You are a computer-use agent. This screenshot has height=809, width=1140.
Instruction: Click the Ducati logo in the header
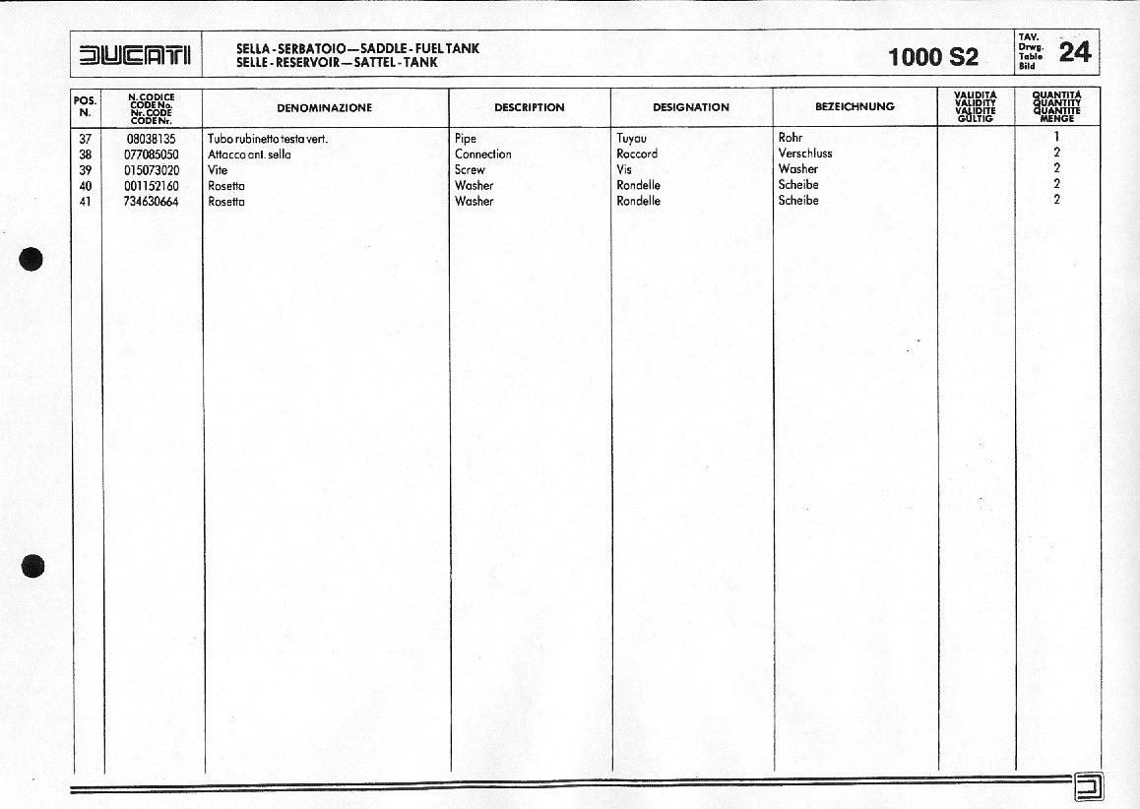tap(137, 54)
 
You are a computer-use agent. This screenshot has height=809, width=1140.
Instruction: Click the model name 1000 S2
tap(932, 57)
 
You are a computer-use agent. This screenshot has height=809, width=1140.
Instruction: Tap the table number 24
tap(1074, 52)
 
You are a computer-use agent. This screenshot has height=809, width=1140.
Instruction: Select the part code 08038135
tap(152, 139)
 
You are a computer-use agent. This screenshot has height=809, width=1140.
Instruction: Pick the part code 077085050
tap(152, 155)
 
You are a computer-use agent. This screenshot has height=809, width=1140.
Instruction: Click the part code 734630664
tap(152, 202)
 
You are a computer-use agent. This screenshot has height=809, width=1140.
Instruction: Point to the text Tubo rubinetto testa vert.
tap(267, 139)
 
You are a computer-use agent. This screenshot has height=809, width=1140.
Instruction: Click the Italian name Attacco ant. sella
tap(249, 155)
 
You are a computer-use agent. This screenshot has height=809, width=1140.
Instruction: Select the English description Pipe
tap(465, 139)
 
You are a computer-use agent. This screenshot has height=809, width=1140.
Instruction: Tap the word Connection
tap(482, 155)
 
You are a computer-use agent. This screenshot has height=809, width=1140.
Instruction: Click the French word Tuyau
tap(632, 139)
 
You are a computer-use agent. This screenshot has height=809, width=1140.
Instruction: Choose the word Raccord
tap(637, 155)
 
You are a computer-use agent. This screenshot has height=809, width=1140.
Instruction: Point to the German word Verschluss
tap(804, 154)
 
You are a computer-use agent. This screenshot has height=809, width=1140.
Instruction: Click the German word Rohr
tap(790, 138)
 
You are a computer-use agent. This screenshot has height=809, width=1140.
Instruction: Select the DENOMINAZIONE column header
tap(324, 107)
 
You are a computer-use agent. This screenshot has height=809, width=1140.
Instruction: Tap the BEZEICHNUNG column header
tap(855, 106)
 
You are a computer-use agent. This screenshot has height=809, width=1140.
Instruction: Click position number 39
tap(85, 170)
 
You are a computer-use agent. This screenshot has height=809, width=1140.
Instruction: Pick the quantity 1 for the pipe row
tap(1056, 138)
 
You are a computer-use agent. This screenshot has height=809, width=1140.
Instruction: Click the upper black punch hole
tap(32, 260)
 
